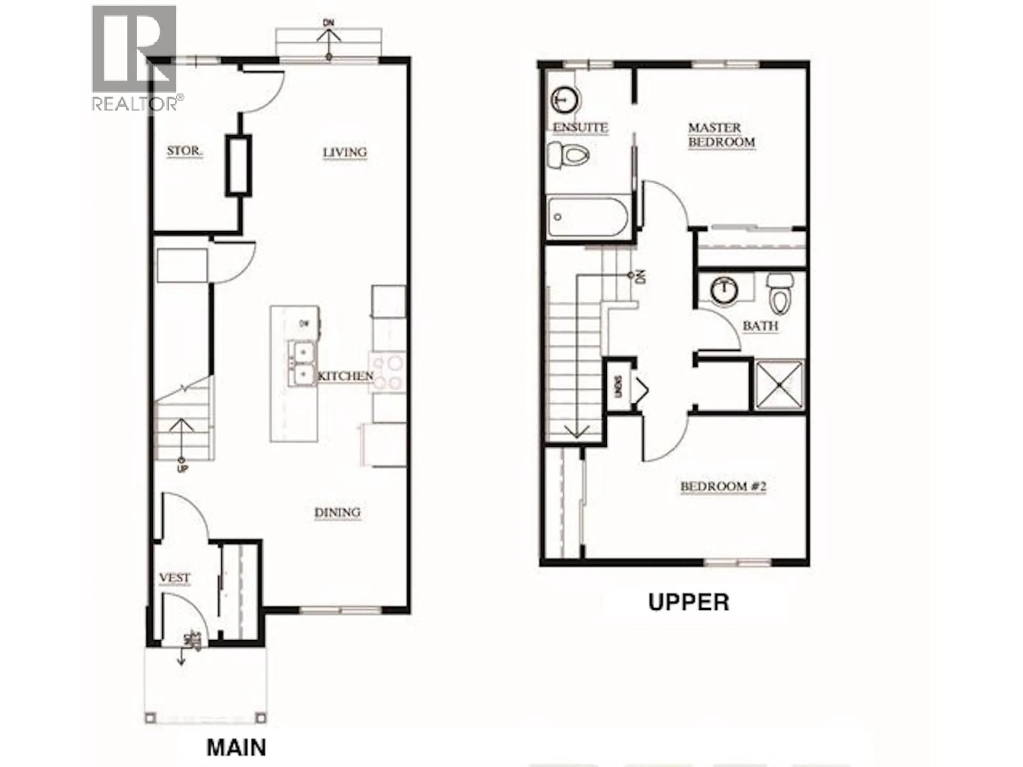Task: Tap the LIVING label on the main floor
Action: (344, 152)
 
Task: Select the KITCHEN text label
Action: (346, 376)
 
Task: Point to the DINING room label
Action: (337, 512)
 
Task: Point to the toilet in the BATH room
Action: (781, 293)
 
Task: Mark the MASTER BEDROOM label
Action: (721, 134)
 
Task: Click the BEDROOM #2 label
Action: (723, 486)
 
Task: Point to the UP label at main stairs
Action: (183, 469)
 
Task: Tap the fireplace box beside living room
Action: (239, 165)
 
